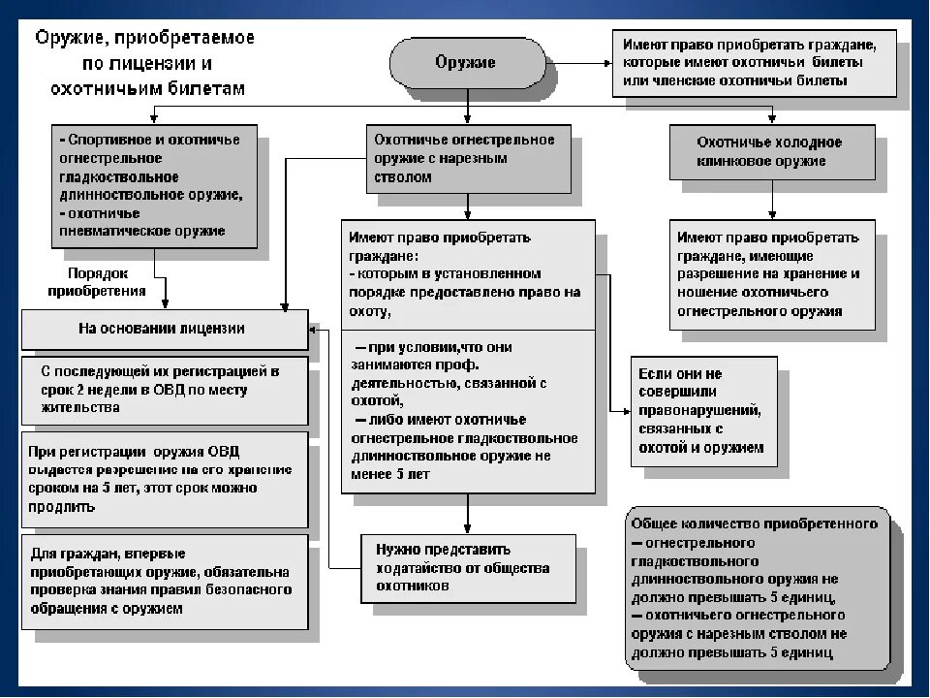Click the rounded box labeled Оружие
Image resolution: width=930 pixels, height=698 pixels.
pos(465,63)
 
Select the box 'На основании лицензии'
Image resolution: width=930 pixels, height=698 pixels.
pos(164,329)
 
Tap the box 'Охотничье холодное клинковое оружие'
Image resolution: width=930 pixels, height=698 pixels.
pos(772,152)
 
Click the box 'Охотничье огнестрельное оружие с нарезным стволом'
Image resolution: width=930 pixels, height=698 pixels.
pos(465,159)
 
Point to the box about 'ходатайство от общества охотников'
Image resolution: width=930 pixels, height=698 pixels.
pos(468,567)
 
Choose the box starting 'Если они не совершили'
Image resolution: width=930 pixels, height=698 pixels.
pos(704,411)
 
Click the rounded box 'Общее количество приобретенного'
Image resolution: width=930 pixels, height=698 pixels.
pos(756,587)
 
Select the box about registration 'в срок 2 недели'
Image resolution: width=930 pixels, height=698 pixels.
pos(164,390)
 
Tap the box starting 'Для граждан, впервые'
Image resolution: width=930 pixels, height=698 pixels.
pos(164,582)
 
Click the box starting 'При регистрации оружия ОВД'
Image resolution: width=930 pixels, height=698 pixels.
pos(164,479)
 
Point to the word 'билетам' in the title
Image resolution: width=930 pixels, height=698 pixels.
pos(212,87)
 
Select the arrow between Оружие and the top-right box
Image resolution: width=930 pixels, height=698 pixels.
pos(576,63)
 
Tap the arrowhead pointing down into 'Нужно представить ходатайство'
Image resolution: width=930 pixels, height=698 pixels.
pos(468,528)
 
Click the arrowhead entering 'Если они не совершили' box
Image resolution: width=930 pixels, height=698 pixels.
pos(626,411)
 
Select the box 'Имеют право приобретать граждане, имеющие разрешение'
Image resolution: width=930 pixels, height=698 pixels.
pos(772,274)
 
